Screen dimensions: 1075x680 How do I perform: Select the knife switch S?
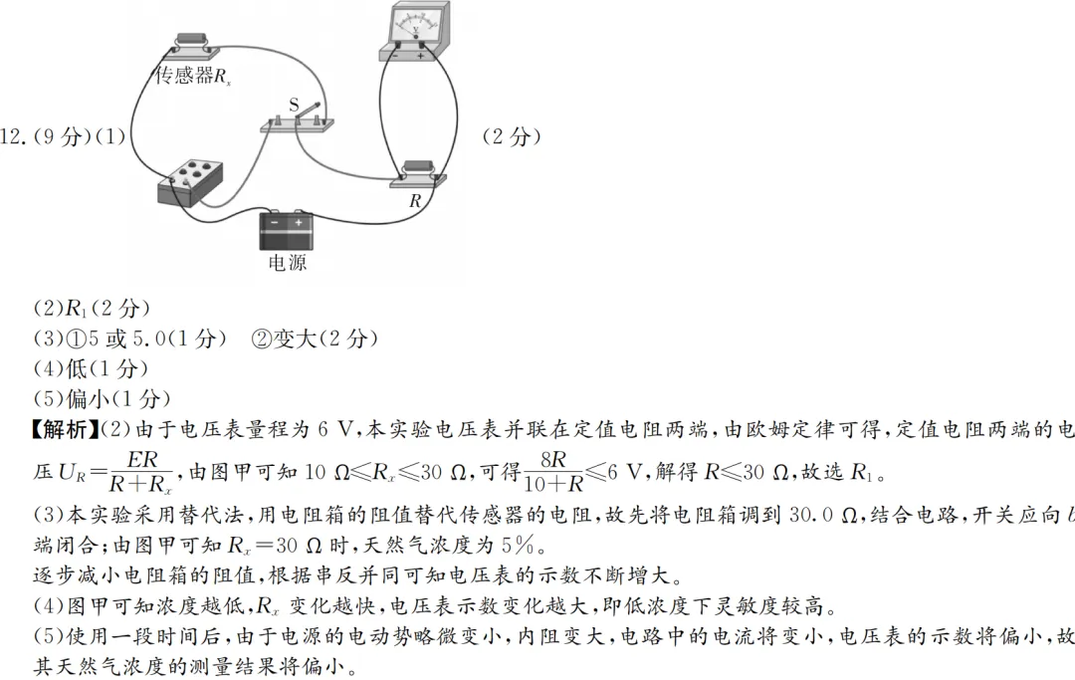(298, 120)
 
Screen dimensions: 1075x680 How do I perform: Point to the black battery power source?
(286, 230)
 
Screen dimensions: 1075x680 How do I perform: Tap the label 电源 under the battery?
(287, 263)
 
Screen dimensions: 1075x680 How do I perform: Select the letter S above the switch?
(294, 104)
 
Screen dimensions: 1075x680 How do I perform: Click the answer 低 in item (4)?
(76, 368)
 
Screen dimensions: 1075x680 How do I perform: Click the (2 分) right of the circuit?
(512, 137)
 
